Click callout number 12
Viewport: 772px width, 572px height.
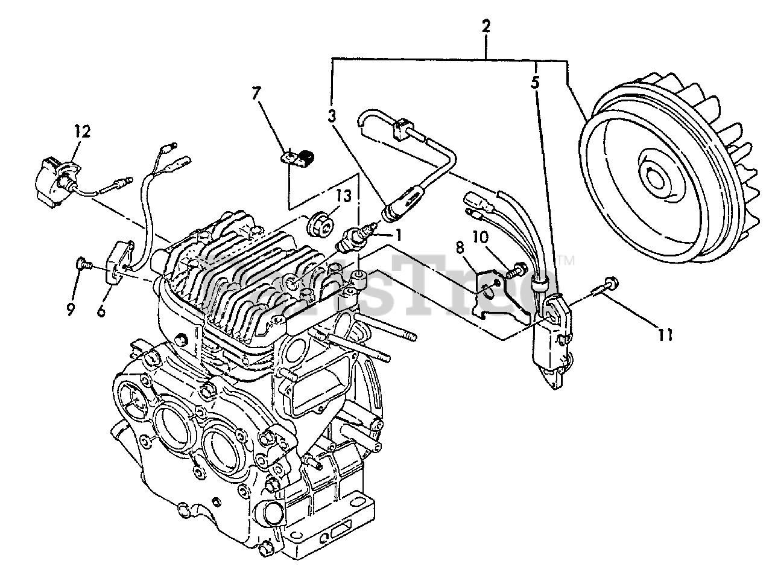[x=82, y=132]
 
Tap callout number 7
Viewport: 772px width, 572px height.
[x=257, y=94]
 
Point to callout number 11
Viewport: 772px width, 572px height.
[x=665, y=334]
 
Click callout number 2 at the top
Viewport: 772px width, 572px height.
[x=486, y=27]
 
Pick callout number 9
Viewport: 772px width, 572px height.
[x=71, y=310]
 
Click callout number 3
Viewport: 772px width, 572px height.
[x=332, y=116]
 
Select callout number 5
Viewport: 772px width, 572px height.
[x=535, y=83]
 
